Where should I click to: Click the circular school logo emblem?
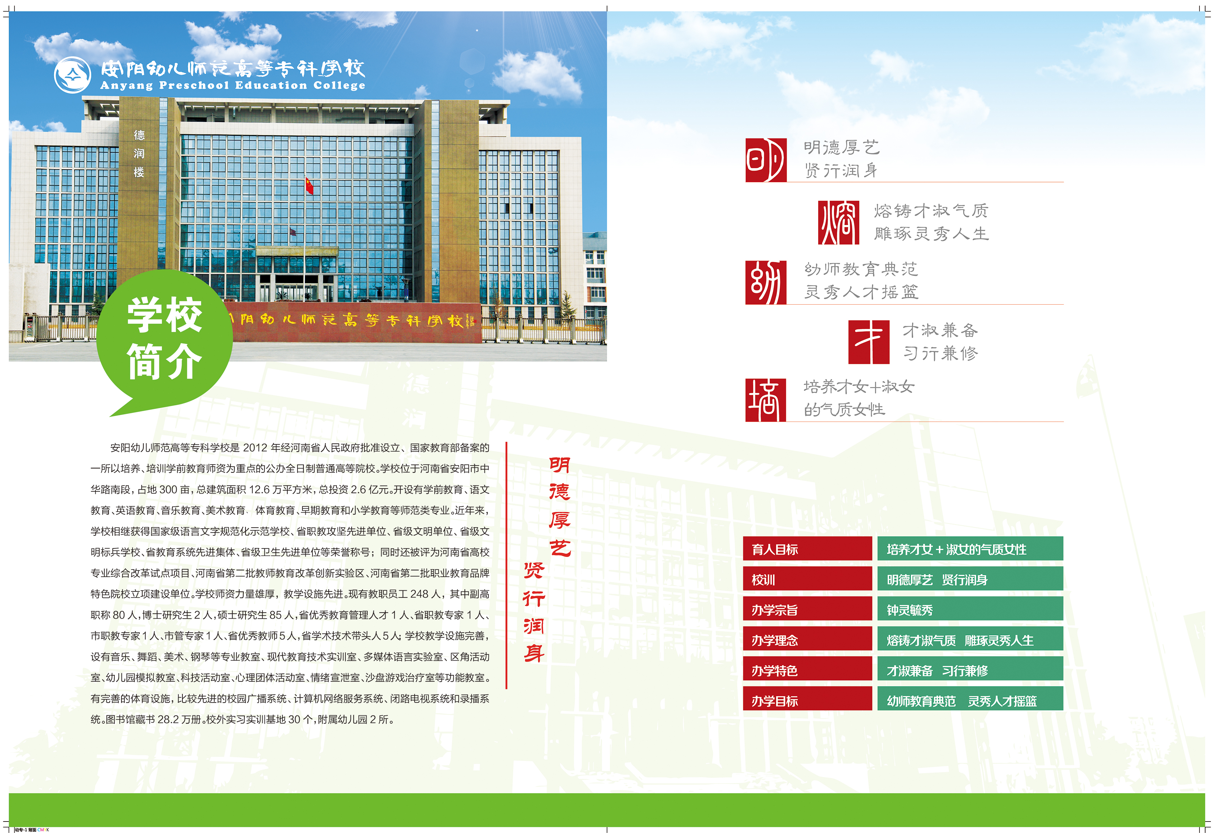coord(73,75)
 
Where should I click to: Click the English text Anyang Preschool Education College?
coord(233,85)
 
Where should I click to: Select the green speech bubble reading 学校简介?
coord(164,341)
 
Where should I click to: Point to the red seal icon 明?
coord(765,160)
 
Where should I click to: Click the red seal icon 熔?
coord(838,222)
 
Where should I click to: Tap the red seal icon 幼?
coord(765,282)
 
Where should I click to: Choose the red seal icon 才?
coord(869,342)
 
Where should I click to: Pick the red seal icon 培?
coord(765,400)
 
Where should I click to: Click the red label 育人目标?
coord(807,548)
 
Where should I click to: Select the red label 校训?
coord(807,579)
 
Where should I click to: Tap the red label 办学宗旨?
coord(807,609)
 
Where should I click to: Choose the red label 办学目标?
coord(807,699)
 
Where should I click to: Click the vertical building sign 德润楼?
coord(139,153)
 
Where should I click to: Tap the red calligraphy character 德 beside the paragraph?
coord(559,491)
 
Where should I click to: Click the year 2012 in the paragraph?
coord(255,447)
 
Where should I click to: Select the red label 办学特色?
coord(807,669)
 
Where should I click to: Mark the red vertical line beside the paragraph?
coord(506,565)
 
